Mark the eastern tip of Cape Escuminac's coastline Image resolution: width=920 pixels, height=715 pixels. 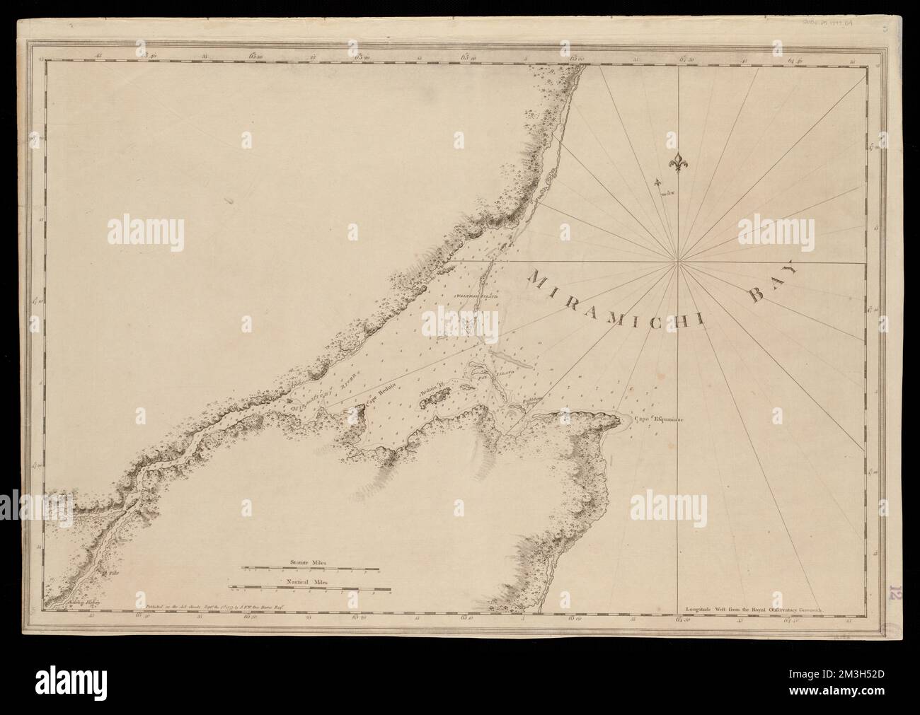coord(631,423)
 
